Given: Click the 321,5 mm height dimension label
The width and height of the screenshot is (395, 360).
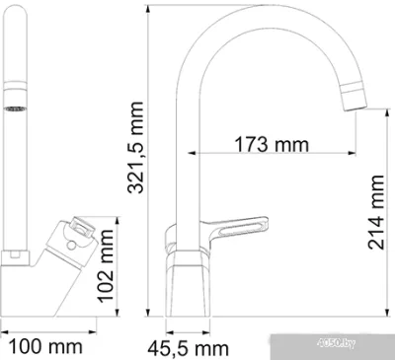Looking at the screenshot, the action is tap(135, 148).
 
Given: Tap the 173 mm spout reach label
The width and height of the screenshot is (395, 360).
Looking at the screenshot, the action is tap(272, 144).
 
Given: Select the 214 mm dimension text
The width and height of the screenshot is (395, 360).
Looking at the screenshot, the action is tap(376, 212).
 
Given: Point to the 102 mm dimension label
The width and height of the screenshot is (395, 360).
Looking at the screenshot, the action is tap(106, 266).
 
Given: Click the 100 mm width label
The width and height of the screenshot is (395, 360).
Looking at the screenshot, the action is tap(45, 346).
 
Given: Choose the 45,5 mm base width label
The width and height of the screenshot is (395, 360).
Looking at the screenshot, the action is tap(188, 348).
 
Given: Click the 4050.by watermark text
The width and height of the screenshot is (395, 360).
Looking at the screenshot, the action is tap(336, 343).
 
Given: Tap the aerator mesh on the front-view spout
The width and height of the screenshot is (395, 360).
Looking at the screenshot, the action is tap(15, 108).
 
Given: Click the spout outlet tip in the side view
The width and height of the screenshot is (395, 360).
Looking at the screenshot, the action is tap(355, 108).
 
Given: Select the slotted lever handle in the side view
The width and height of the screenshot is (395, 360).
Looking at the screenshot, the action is tap(234, 228).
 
